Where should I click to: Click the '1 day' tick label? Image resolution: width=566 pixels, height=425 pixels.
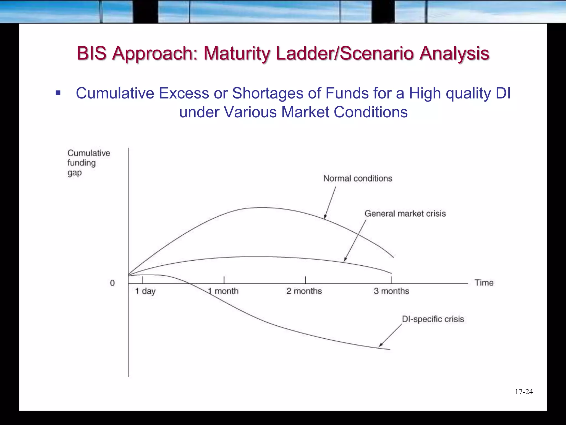[x=145, y=291]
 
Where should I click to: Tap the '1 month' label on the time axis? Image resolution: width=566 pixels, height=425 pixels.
[x=223, y=291]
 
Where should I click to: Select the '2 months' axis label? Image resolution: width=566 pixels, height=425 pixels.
[x=304, y=291]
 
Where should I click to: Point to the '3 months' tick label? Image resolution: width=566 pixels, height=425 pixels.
[x=391, y=291]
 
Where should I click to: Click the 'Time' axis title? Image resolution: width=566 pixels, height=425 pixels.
[x=484, y=283]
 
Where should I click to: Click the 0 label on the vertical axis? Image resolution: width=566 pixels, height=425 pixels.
[x=112, y=283]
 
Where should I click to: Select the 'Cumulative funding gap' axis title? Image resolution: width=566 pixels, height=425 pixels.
[x=88, y=163]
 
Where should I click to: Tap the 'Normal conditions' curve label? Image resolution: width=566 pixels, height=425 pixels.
[x=358, y=178]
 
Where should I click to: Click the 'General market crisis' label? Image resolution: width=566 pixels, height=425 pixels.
[x=405, y=214]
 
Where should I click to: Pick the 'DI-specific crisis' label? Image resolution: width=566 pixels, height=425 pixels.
[x=433, y=319]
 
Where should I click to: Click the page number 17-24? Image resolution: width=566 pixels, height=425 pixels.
[x=524, y=392]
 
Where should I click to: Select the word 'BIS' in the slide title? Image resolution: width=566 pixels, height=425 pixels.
[x=91, y=53]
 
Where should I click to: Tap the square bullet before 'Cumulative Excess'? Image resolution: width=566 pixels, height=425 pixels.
[x=58, y=93]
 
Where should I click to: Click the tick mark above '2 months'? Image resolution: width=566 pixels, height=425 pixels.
[x=305, y=280]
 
